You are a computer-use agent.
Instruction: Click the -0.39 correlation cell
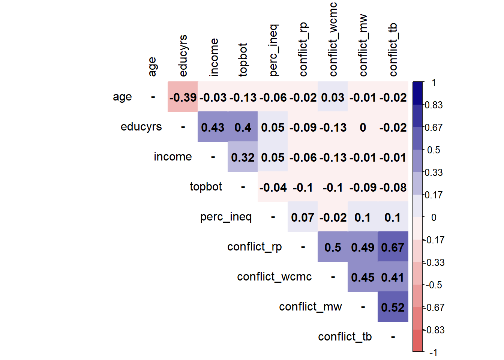coord(183,97)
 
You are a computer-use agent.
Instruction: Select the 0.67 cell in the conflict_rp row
coord(393,247)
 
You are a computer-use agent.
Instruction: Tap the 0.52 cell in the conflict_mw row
coord(393,307)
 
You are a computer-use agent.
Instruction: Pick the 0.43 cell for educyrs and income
coord(213,127)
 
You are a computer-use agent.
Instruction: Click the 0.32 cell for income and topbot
coord(243,157)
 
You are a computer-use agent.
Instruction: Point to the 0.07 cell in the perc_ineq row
coord(303,217)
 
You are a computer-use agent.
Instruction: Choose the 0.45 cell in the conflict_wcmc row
coord(363,277)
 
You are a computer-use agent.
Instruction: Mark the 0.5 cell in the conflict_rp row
coord(333,247)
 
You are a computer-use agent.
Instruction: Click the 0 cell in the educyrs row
coord(363,127)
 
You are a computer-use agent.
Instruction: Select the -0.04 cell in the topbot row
coord(273,187)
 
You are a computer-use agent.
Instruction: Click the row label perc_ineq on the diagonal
coord(226,217)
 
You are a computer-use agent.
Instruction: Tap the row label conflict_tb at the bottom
coord(345,337)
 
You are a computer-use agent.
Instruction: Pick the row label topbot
coord(205,186)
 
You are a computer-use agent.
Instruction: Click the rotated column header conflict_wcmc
coord(333,39)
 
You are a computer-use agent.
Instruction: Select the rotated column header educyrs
coord(183,55)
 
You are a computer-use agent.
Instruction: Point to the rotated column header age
coord(153,66)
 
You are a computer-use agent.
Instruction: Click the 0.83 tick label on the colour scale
coord(433,105)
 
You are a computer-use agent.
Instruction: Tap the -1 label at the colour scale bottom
coord(433,352)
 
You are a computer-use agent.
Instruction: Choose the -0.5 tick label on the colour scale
coord(434,285)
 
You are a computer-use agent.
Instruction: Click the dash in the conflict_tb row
coord(393,337)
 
